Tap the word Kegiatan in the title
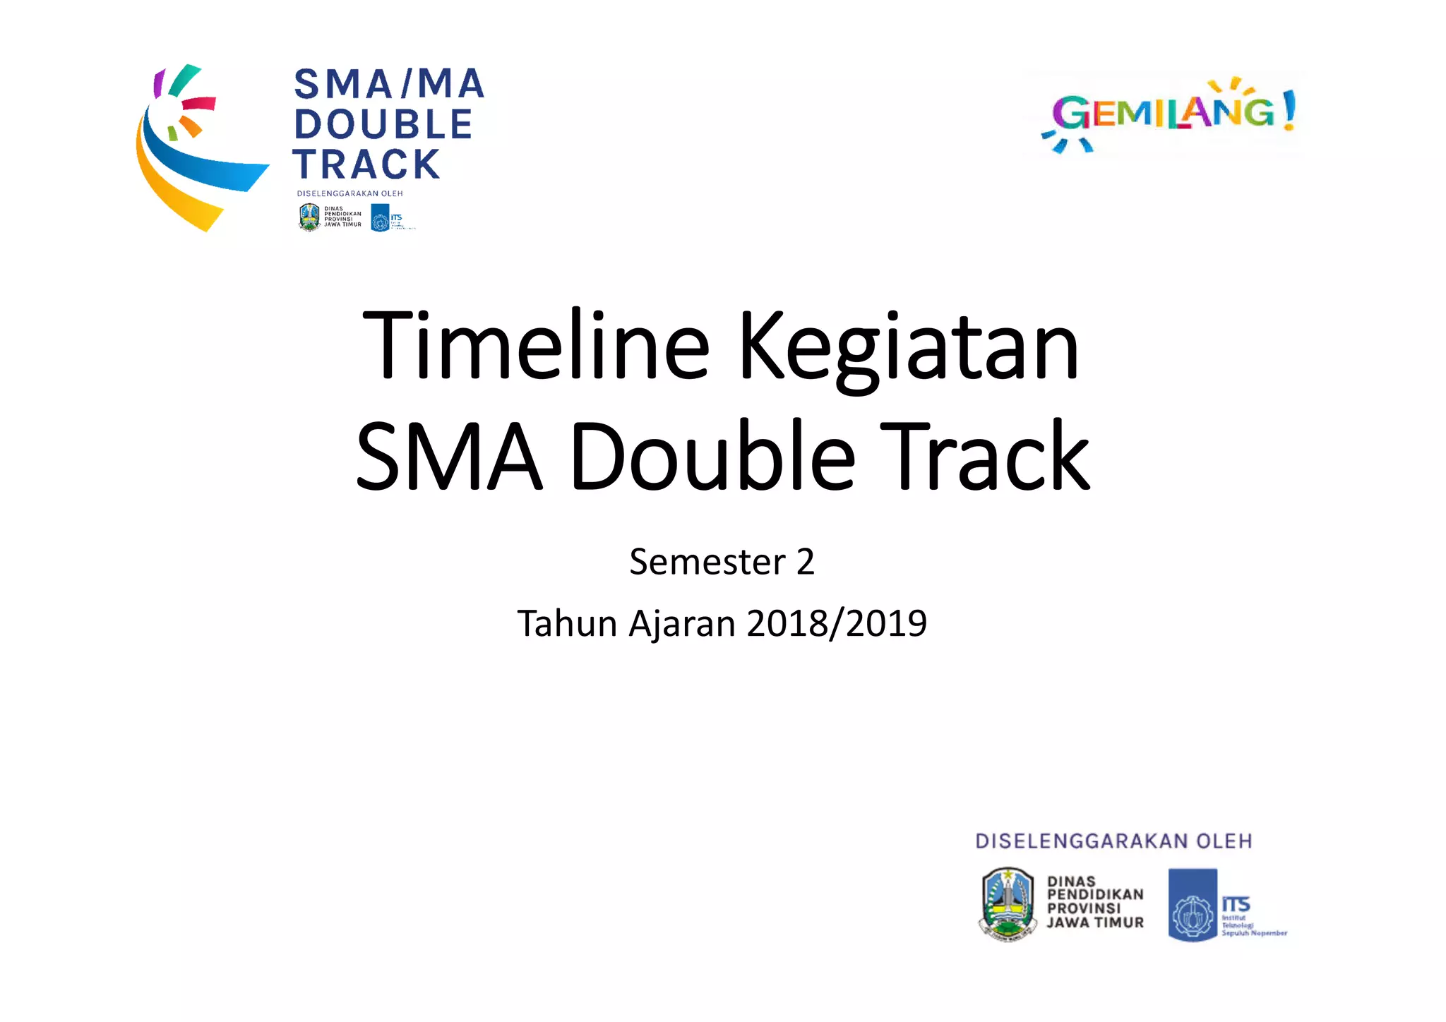pos(908,349)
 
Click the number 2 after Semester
pos(805,563)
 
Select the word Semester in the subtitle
pos(707,563)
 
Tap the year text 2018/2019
pos(837,624)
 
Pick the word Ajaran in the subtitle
pos(682,624)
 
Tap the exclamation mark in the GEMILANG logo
pos(1289,110)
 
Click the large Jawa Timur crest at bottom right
pos(1008,905)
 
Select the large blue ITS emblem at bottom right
pos(1193,905)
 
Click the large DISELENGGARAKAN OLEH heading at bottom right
pos(1113,841)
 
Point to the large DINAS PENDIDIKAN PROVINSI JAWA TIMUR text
pos(1094,902)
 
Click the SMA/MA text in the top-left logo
pos(389,84)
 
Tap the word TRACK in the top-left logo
pos(367,164)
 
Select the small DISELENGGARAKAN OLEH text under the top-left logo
pos(349,193)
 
